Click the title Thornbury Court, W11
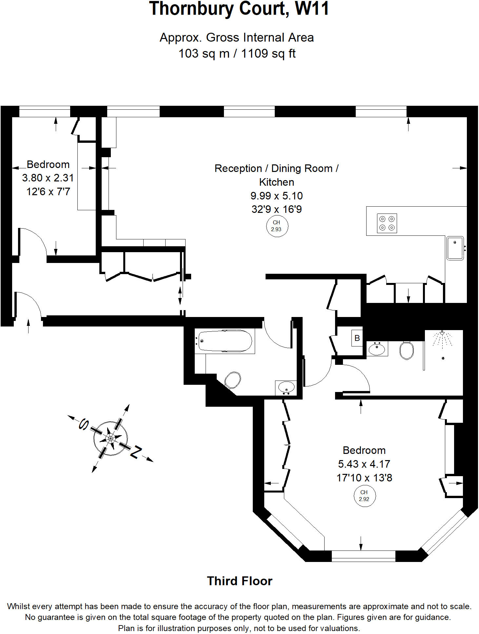click(x=239, y=9)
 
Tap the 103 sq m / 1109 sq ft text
click(x=237, y=53)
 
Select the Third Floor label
click(x=240, y=581)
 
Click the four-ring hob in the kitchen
click(x=387, y=223)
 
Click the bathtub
click(x=225, y=341)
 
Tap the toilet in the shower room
click(x=407, y=350)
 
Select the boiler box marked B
click(x=357, y=338)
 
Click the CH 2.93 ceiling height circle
click(x=277, y=226)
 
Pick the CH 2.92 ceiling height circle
click(x=364, y=496)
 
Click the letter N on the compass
click(x=136, y=452)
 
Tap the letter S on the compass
click(x=84, y=424)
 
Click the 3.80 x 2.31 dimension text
click(x=48, y=178)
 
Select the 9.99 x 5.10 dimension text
click(x=276, y=196)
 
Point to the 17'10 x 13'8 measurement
click(x=364, y=478)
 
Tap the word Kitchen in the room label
click(x=276, y=182)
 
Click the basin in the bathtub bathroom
click(x=286, y=388)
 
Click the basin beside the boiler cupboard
click(x=377, y=349)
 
